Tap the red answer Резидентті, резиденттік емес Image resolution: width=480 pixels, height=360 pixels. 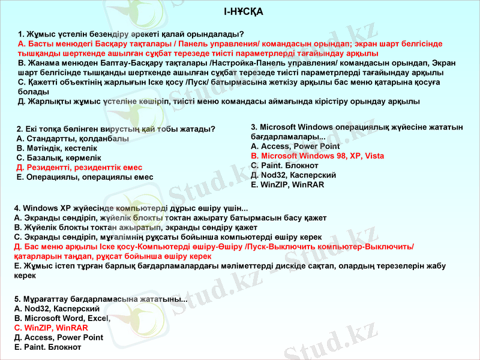coord(79,167)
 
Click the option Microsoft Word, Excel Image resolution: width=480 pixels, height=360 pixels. coord(62,318)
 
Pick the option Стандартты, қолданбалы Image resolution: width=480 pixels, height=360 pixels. coord(73,139)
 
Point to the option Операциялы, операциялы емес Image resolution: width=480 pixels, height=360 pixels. coord(85,177)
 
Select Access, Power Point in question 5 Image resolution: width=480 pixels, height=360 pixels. coord(58,337)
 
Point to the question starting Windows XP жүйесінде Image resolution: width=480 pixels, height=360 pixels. coord(130,208)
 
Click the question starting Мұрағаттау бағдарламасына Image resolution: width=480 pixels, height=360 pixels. coord(100,299)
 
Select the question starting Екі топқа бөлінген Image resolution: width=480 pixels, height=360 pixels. coord(116,129)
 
